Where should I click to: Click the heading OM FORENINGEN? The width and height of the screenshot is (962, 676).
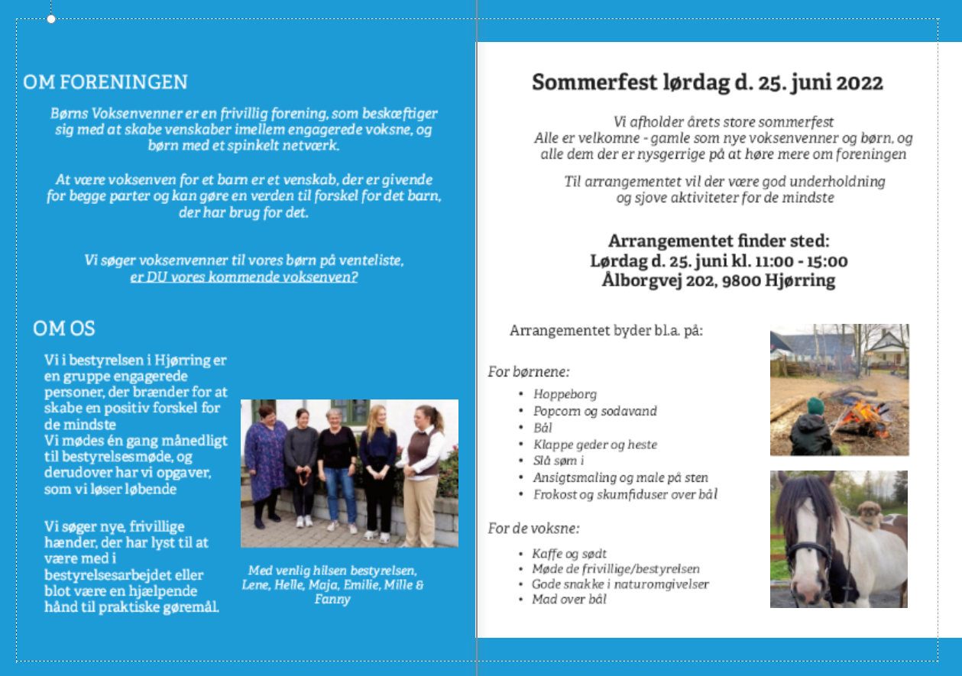pyautogui.click(x=105, y=82)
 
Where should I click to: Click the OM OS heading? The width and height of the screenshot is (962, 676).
pyautogui.click(x=64, y=328)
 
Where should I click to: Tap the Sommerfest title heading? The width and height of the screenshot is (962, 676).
pyautogui.click(x=708, y=82)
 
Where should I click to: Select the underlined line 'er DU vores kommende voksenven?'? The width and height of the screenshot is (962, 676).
pyautogui.click(x=244, y=277)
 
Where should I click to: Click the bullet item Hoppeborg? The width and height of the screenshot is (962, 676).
pyautogui.click(x=565, y=394)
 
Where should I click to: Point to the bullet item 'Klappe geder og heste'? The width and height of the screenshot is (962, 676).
pyautogui.click(x=595, y=445)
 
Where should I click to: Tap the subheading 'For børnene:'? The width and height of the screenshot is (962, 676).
pyautogui.click(x=529, y=372)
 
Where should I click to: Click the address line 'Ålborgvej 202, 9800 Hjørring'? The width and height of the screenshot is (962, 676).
pyautogui.click(x=718, y=280)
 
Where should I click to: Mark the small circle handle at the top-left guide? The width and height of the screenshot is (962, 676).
pyautogui.click(x=51, y=18)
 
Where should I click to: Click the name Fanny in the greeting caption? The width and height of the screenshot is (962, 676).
pyautogui.click(x=332, y=599)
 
